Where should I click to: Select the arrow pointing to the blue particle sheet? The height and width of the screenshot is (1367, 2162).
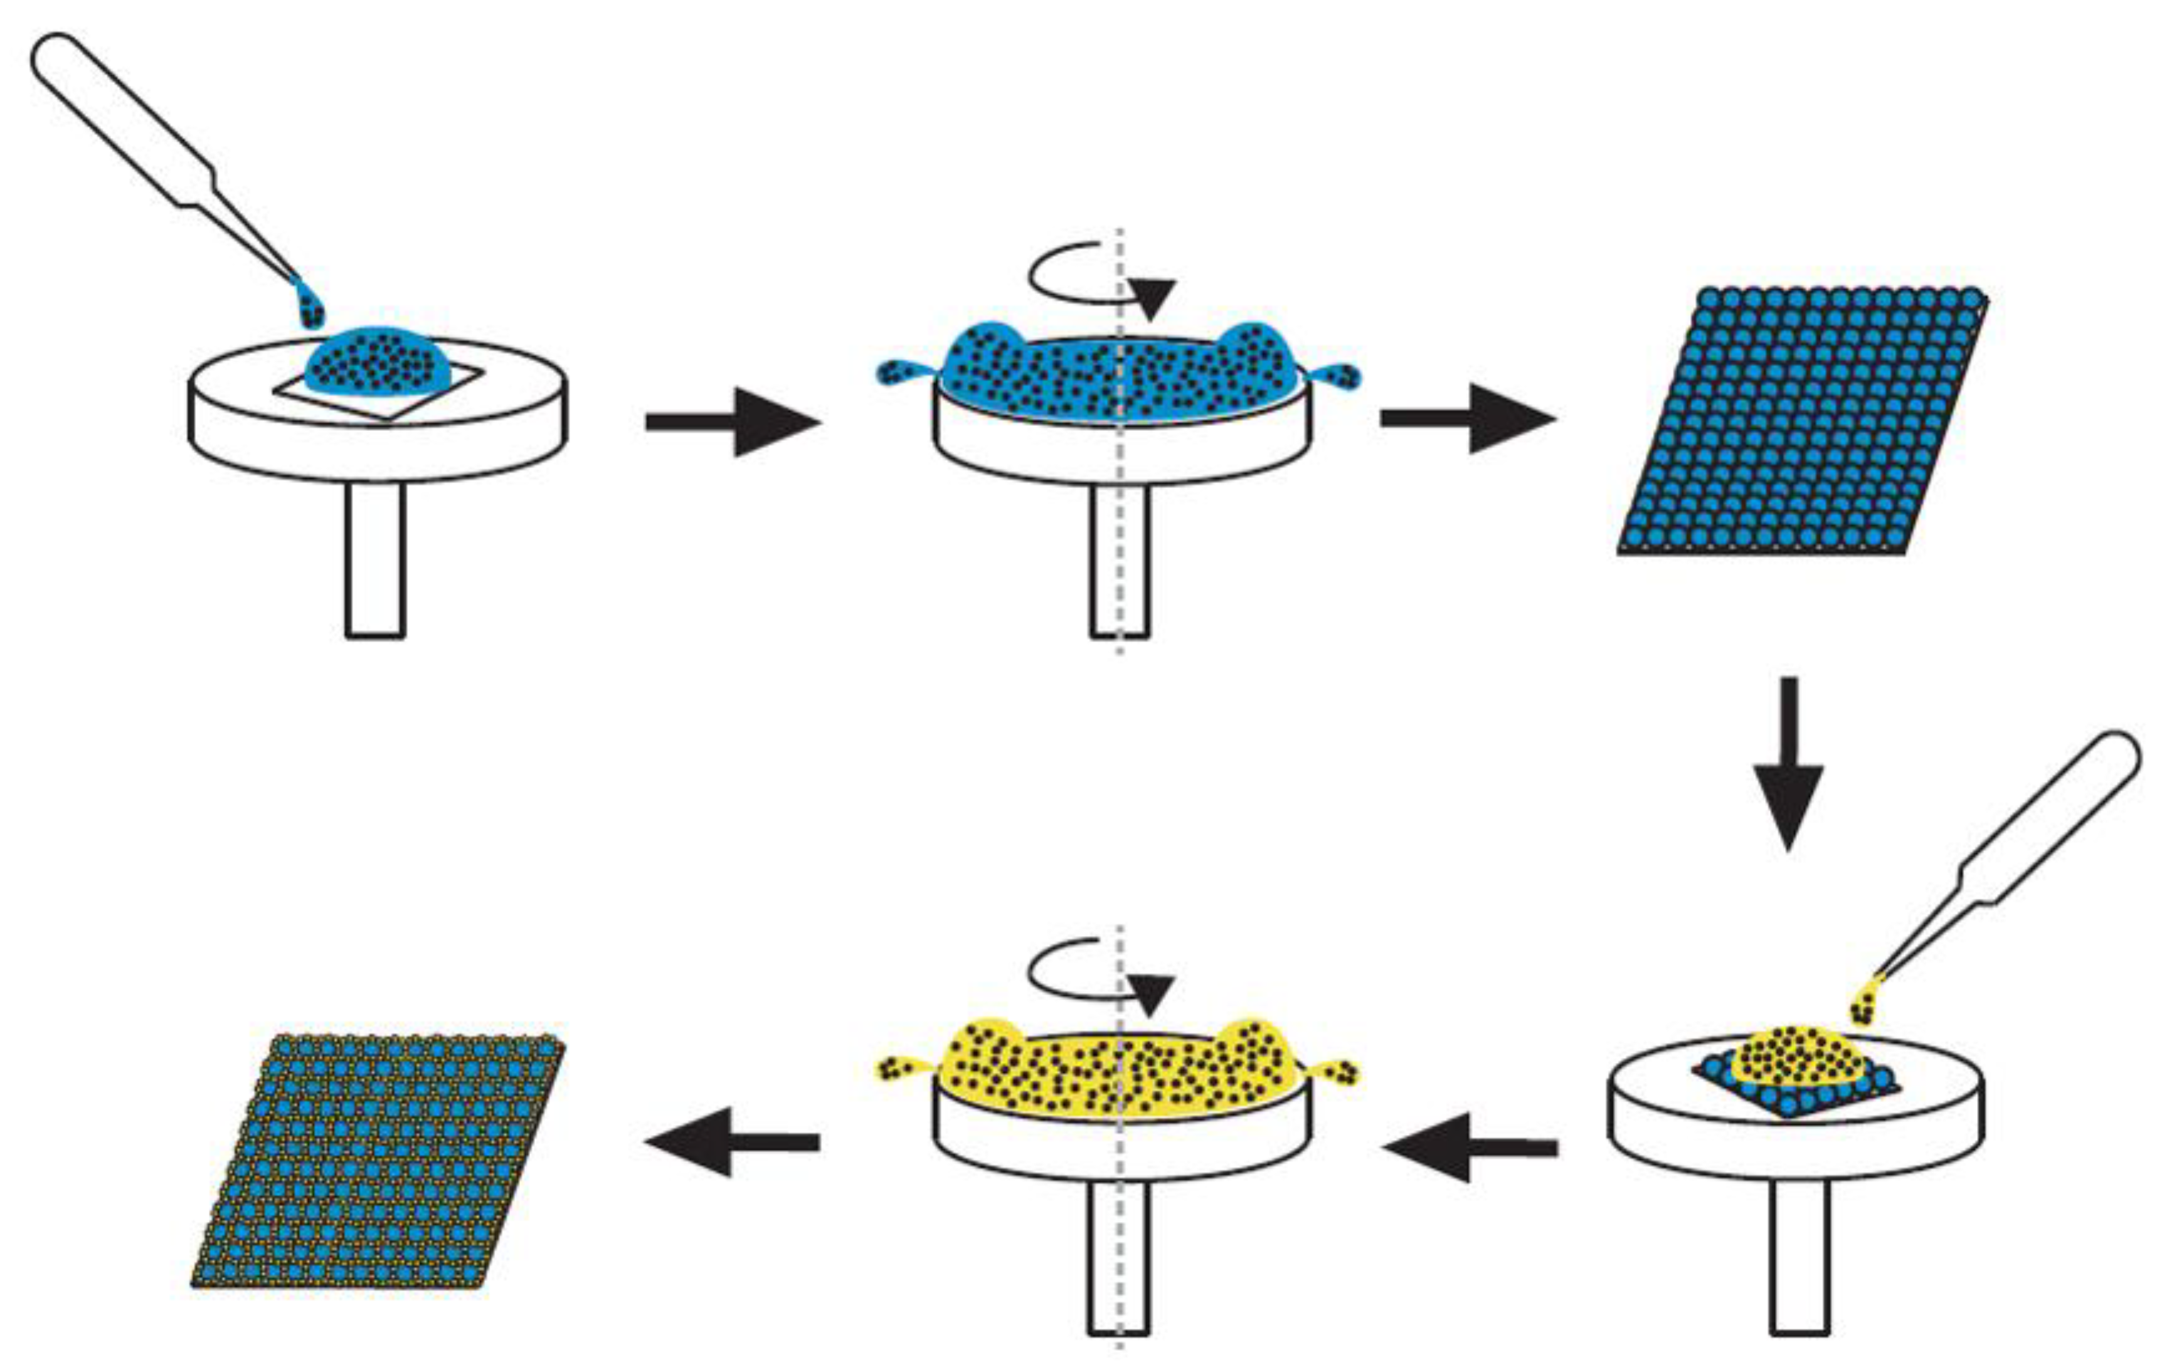click(1467, 418)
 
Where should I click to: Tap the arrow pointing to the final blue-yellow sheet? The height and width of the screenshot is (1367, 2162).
click(732, 1142)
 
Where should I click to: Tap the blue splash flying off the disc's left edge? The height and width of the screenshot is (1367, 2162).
click(901, 372)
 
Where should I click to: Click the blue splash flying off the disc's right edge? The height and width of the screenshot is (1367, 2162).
click(1338, 375)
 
